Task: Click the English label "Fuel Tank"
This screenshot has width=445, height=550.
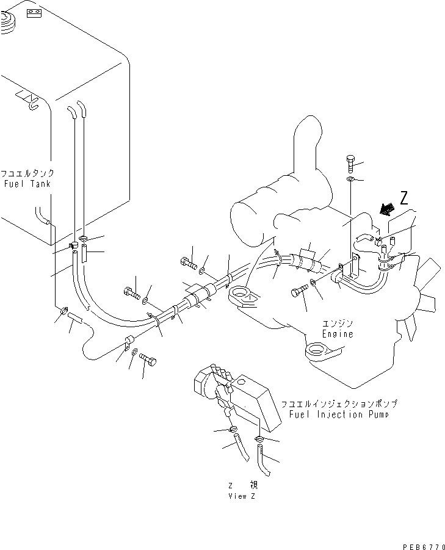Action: pos(27,184)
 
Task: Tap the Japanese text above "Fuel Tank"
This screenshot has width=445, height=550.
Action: pos(27,174)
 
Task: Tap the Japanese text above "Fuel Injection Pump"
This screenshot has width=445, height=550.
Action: pos(339,404)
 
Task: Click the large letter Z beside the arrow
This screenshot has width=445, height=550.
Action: pos(403,198)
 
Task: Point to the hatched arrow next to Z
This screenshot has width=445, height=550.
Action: pos(385,209)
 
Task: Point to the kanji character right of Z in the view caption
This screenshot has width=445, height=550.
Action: pos(253,485)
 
